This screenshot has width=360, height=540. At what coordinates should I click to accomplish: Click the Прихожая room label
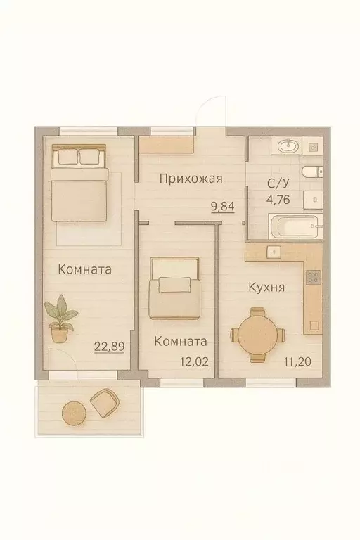coord(191,179)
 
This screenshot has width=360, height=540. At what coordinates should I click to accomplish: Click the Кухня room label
coord(266,288)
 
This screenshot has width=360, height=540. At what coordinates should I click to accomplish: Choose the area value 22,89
coord(109,346)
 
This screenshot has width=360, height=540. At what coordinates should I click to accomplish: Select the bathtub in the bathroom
coord(295,227)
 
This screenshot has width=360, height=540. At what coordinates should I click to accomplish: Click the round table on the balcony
coord(73,411)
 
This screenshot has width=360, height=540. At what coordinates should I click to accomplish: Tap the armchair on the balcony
coord(105,403)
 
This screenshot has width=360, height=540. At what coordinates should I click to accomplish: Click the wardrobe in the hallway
coord(166,146)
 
